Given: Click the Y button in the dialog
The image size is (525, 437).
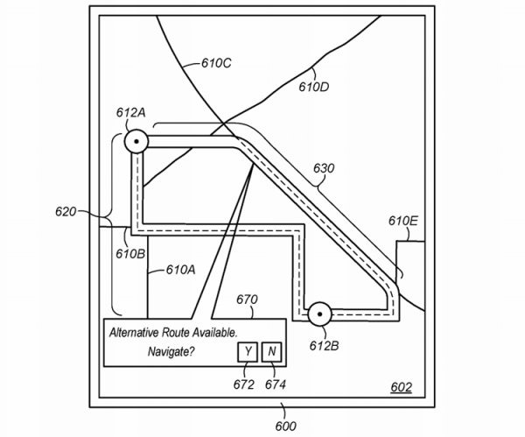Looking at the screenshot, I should coord(248,352).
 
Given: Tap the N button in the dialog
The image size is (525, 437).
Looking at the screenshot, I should coord(272,352).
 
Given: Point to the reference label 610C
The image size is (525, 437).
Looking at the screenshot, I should coord(217,63).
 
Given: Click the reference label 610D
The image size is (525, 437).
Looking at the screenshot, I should coord(314,87).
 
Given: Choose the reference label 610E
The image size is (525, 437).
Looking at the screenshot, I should coord(402,221).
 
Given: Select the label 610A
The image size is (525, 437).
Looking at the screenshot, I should coord(182,271).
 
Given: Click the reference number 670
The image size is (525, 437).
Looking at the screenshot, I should coord(248,300).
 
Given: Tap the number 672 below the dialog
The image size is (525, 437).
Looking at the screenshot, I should coord(245,384).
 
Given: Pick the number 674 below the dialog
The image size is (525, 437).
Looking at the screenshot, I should coord(275,384).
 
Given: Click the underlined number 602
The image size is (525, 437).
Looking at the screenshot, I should coord(401,388).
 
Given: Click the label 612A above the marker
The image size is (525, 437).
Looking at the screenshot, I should coord(131,113).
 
